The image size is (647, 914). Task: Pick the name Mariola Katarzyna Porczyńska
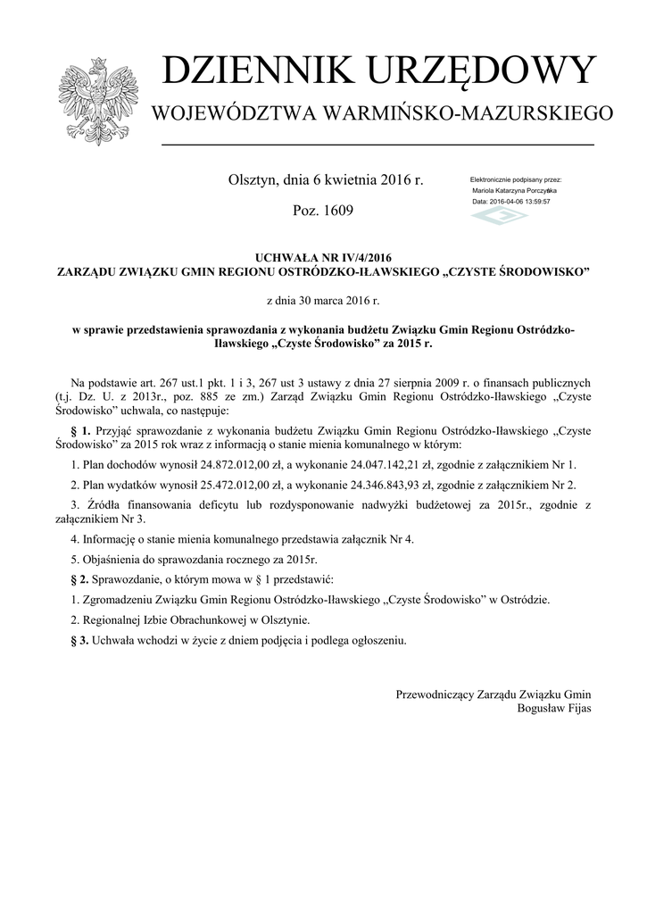click(x=515, y=191)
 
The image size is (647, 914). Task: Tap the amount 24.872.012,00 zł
click(x=236, y=464)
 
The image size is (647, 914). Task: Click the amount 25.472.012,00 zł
click(x=236, y=485)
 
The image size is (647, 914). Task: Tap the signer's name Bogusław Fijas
click(x=553, y=709)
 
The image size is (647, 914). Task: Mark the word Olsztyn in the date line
click(x=255, y=180)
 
